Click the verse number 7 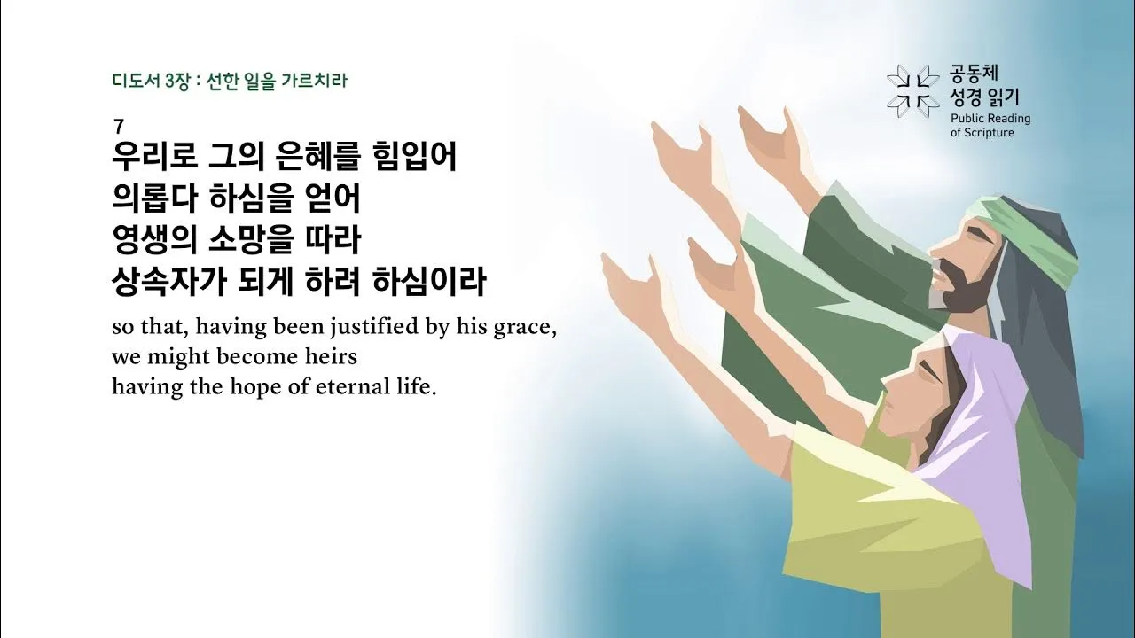119,126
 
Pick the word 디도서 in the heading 130,82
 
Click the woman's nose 886,383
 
